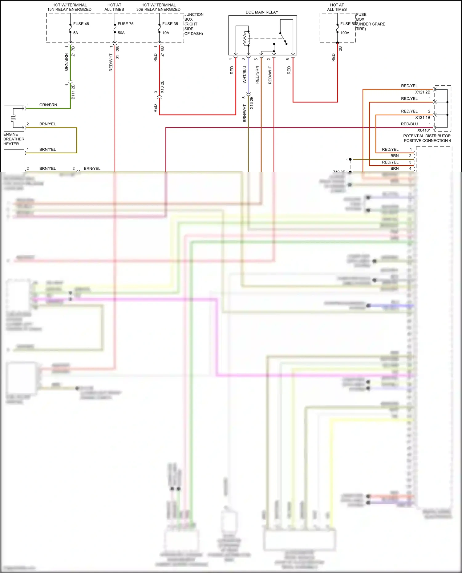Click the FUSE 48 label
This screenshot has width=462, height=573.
[81, 24]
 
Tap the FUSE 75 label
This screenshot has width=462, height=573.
[125, 24]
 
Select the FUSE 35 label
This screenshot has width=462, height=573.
[170, 24]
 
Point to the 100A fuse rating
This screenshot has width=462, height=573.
[345, 33]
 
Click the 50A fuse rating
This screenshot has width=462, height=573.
[121, 33]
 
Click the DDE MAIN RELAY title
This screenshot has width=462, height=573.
[262, 12]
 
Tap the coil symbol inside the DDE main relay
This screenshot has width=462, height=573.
[246, 38]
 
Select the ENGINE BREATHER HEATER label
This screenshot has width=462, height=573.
[14, 139]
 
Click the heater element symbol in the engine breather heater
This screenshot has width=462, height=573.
[13, 118]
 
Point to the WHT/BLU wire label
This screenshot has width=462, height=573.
[245, 75]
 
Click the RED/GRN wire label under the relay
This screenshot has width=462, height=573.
[257, 75]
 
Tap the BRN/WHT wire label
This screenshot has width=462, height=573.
[245, 113]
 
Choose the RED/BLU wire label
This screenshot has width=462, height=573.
[409, 124]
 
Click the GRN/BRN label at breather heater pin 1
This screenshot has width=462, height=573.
[48, 105]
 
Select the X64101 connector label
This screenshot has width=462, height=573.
[424, 130]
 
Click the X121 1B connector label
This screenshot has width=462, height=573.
[423, 118]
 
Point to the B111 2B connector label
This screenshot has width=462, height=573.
[73, 92]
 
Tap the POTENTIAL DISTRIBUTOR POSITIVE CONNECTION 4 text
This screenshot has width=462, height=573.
[427, 138]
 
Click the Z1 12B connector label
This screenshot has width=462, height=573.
[118, 52]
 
